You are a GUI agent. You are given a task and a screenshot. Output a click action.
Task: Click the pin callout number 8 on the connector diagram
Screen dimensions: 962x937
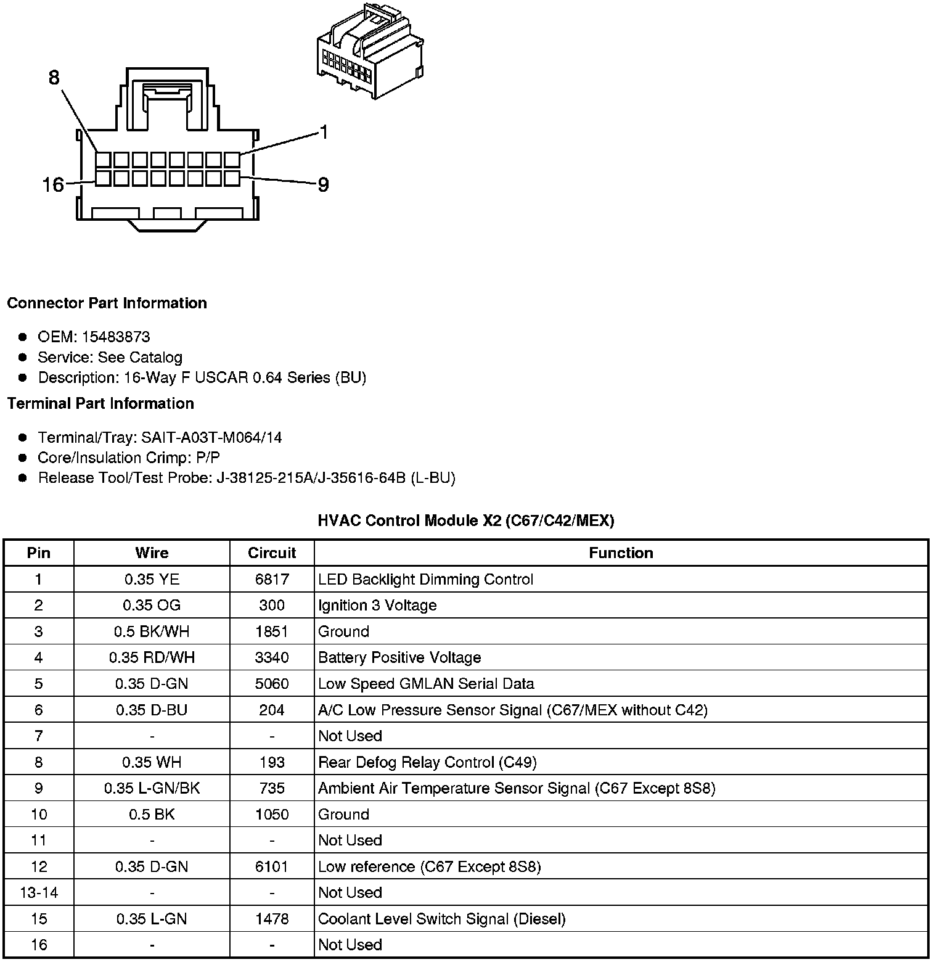54,78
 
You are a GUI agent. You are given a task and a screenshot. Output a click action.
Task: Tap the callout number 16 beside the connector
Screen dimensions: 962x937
53,184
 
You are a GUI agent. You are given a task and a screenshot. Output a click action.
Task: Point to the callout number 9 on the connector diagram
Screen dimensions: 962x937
323,184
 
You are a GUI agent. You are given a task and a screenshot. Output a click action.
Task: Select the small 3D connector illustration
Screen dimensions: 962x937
369,52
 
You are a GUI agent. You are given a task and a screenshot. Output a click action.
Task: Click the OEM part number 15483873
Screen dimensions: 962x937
116,337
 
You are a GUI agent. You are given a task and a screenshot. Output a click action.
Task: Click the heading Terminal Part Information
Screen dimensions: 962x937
100,403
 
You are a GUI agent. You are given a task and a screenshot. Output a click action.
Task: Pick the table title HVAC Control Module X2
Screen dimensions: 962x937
465,520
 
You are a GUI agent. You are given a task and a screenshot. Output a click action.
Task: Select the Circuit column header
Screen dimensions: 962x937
272,553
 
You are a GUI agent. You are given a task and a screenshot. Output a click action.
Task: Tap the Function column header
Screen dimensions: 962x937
621,553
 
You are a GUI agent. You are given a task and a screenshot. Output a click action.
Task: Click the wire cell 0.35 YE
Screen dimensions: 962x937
152,579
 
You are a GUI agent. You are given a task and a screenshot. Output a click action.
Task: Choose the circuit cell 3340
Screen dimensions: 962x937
272,657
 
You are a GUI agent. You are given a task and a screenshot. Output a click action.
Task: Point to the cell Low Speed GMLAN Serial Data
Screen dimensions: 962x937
426,683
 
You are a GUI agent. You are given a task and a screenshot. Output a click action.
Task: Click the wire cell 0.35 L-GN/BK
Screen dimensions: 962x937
152,788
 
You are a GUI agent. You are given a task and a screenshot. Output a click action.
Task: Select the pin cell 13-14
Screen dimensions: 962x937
39,892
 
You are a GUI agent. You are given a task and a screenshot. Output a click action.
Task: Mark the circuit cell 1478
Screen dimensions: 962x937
272,919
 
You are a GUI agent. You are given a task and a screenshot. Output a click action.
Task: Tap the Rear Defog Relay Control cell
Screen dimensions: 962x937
427,762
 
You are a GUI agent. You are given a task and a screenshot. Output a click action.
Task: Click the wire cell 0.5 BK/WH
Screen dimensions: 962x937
152,631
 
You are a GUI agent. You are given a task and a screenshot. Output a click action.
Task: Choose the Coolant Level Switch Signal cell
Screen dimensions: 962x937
441,919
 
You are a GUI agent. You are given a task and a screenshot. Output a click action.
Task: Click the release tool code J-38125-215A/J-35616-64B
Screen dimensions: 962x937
311,478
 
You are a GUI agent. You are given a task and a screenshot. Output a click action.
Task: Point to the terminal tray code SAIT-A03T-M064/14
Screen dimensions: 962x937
211,437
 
